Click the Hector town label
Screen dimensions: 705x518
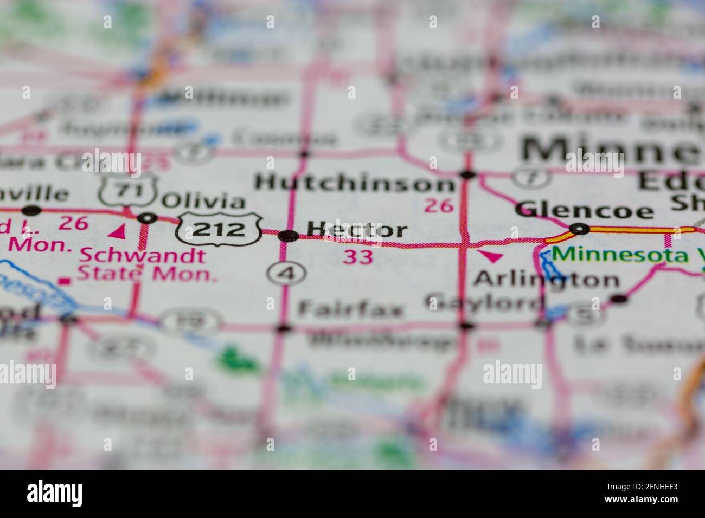357,230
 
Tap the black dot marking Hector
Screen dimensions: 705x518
287,236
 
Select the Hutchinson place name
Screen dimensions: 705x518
355,183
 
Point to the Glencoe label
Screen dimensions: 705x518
584,210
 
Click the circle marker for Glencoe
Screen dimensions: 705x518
580,229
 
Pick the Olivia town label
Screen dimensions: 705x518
204,202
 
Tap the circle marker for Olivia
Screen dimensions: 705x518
147,218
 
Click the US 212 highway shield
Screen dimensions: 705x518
219,229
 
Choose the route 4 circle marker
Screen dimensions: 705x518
286,274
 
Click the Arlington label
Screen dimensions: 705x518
546,280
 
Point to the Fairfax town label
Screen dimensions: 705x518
351,310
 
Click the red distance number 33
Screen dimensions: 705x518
358,257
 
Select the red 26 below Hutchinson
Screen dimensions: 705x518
438,205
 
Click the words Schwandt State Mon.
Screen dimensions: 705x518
146,264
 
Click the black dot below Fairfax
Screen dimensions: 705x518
283,328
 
